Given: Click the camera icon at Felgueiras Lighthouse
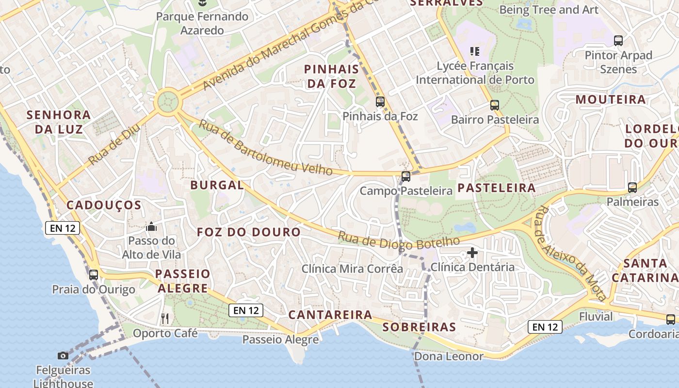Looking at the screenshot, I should pos(63,356).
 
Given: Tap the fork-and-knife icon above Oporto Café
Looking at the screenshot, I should pos(165,319).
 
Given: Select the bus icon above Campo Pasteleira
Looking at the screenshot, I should pos(406,177).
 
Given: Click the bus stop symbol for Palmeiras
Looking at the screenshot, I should pos(632,188).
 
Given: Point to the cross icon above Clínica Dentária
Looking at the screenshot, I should pos(472,253).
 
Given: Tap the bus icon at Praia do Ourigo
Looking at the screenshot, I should pos(94,275).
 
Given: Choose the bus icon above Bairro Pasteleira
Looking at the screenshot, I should pos(495,105).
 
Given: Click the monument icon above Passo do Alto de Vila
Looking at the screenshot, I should pos(151,226).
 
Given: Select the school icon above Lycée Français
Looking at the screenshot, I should pos(475,51).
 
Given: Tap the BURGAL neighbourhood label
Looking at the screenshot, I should pos(217,185).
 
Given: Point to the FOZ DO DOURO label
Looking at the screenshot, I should pos(249,232).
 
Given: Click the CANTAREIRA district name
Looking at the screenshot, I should pos(330,315).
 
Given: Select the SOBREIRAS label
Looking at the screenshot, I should pos(420,327).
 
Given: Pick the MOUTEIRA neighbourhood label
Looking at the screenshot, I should pos(611,100).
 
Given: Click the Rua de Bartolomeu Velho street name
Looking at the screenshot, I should pos(266,148).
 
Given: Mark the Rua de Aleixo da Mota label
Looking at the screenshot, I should pos(570,253).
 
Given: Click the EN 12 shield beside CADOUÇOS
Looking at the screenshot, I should pos(63,228).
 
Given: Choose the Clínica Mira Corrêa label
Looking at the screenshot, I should pos(352,269).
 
